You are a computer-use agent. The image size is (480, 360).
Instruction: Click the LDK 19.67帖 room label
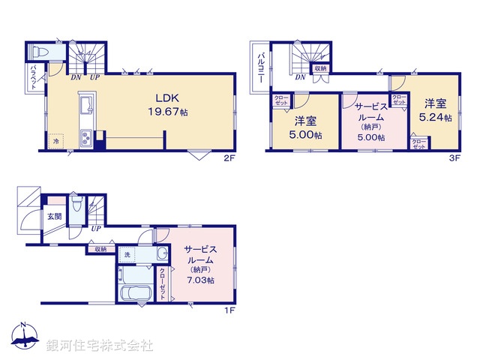tap(171, 103)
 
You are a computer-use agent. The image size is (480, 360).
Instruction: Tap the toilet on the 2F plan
tap(41, 52)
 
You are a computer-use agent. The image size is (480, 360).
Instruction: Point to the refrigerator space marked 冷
tap(55, 140)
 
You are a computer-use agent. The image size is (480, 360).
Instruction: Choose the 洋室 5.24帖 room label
tap(436, 110)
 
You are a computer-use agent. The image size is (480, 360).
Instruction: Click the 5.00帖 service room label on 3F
tap(370, 121)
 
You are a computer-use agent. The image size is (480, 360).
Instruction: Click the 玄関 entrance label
tap(55, 217)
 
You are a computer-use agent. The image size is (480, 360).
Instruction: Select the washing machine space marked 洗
tap(127, 255)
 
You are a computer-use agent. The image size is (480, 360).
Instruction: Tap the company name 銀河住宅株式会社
tap(100, 345)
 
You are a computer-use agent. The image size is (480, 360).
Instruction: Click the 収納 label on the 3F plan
tap(321, 68)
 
